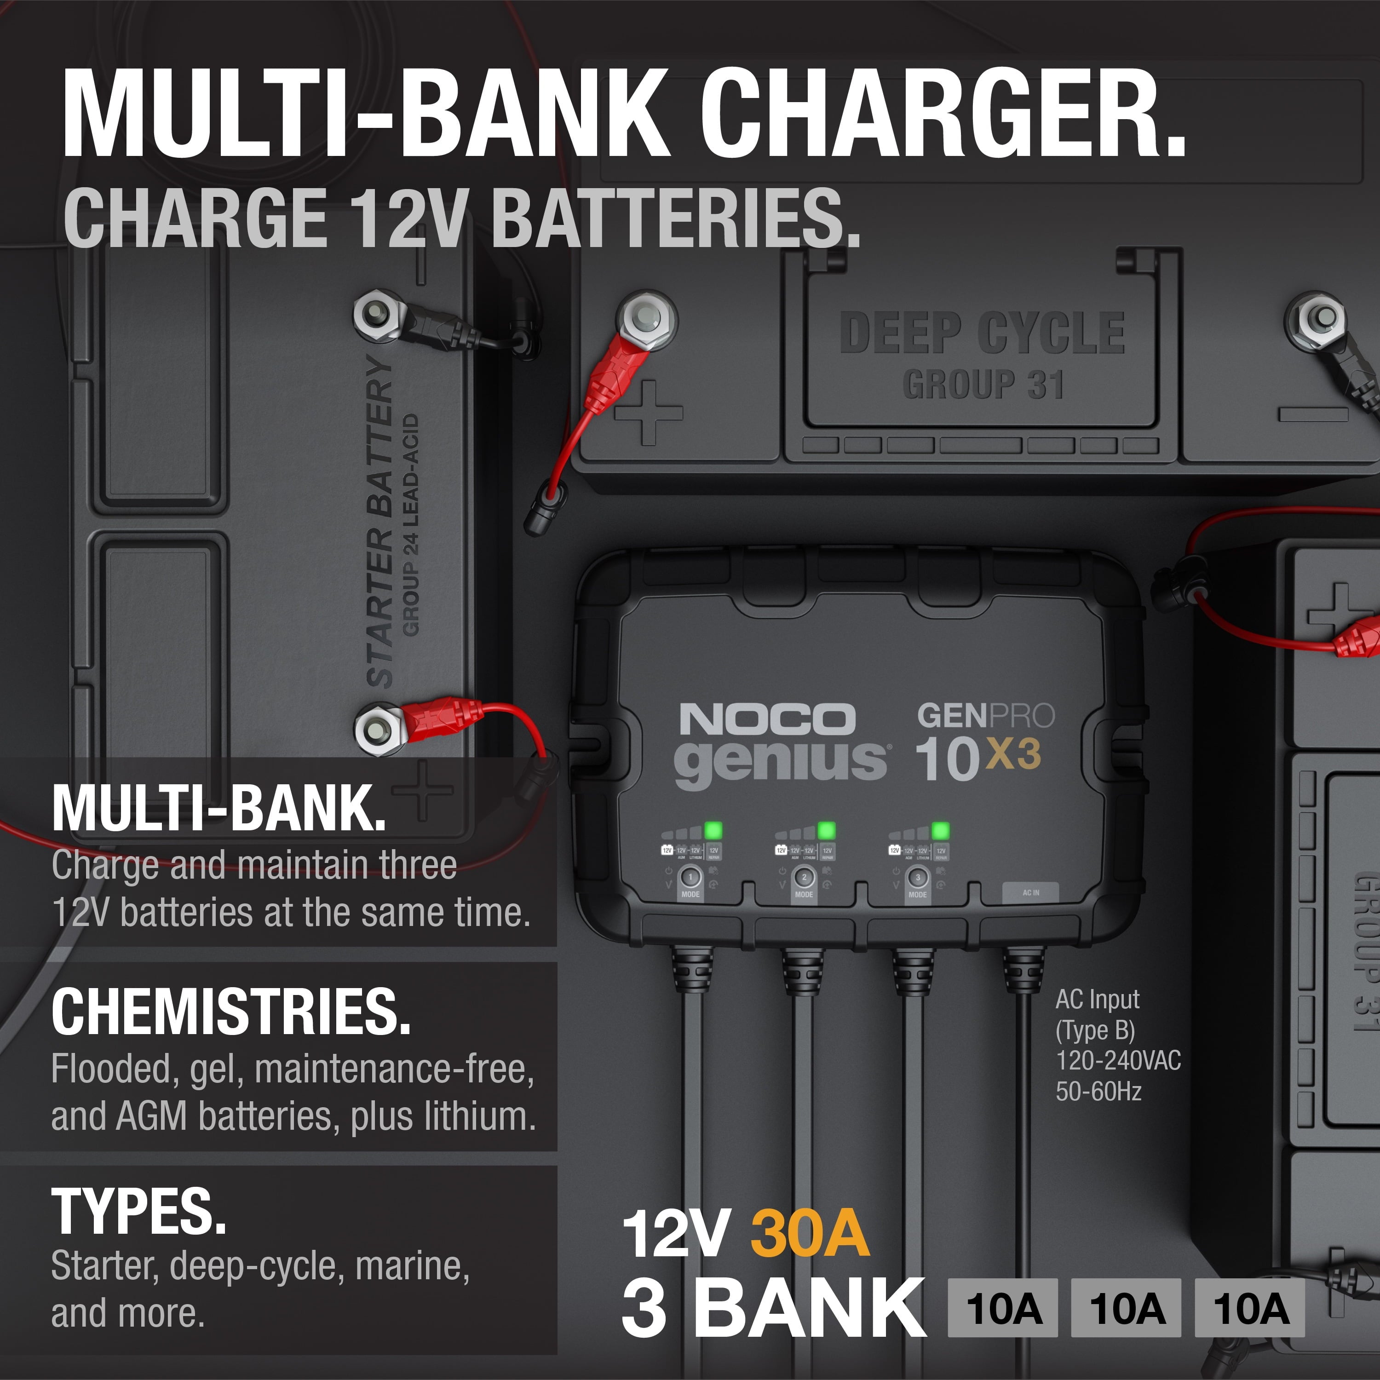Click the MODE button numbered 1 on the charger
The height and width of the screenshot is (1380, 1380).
pyautogui.click(x=690, y=878)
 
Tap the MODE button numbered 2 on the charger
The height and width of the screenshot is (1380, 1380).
pyautogui.click(x=804, y=878)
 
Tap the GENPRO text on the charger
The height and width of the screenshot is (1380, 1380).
pyautogui.click(x=986, y=716)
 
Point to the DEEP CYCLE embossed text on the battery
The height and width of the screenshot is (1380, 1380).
pyautogui.click(x=982, y=333)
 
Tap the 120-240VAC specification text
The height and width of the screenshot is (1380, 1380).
pyautogui.click(x=1118, y=1061)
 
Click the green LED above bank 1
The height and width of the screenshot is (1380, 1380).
pyautogui.click(x=713, y=830)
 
